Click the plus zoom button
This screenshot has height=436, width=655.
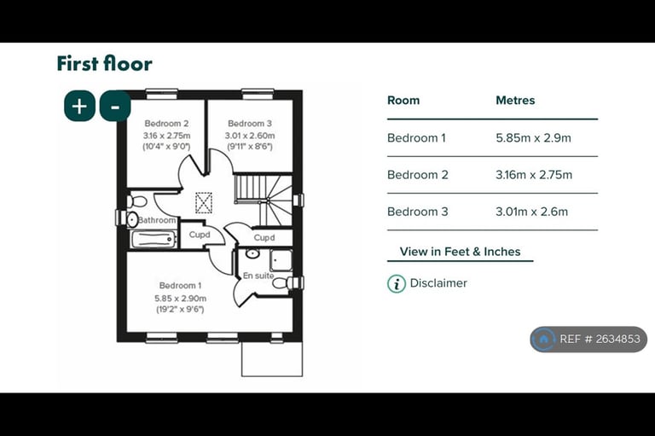click(x=79, y=106)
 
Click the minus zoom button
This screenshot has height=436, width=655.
click(x=115, y=106)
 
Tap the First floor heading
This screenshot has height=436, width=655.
click(x=104, y=63)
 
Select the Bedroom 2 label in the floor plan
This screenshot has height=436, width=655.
click(x=166, y=124)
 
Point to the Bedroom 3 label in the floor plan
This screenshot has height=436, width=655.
click(x=250, y=124)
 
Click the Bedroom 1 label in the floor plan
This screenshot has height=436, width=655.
click(x=180, y=286)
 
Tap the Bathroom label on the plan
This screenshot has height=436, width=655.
click(x=157, y=220)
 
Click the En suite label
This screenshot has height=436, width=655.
click(x=258, y=276)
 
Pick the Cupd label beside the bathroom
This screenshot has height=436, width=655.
click(x=200, y=235)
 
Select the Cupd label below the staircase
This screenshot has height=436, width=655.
click(x=264, y=238)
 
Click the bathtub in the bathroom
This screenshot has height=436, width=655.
click(x=154, y=240)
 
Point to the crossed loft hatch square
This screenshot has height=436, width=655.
click(x=204, y=203)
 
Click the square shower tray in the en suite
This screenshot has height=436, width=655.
click(x=281, y=260)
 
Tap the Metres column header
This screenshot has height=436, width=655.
click(x=515, y=101)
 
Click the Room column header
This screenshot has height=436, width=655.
click(x=403, y=101)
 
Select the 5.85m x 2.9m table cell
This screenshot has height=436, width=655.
click(x=533, y=138)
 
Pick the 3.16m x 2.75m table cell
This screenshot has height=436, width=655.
click(x=534, y=175)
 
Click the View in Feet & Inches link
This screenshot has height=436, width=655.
click(x=460, y=252)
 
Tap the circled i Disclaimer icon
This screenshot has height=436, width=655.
click(x=397, y=284)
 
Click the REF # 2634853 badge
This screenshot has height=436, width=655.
click(x=588, y=339)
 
